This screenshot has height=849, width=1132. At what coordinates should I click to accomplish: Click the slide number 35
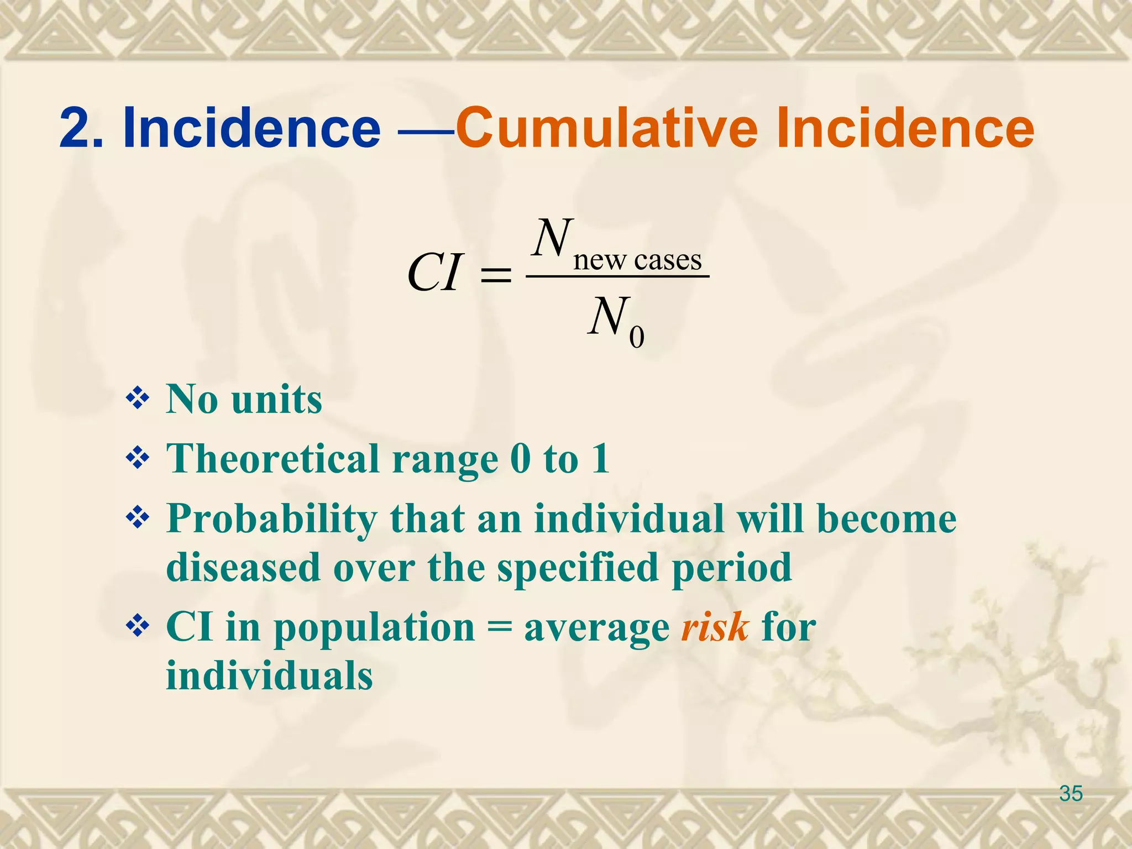click(1071, 793)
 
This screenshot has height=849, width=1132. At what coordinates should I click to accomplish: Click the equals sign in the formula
click(496, 274)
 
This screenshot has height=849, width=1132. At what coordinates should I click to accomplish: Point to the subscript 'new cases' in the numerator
click(637, 259)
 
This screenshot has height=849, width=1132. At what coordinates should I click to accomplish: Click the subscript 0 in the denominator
click(636, 337)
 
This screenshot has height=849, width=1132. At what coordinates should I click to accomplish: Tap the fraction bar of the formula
click(617, 276)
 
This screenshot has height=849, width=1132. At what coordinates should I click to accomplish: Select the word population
click(374, 628)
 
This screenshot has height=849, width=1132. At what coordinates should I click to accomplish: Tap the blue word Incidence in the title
click(251, 128)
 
